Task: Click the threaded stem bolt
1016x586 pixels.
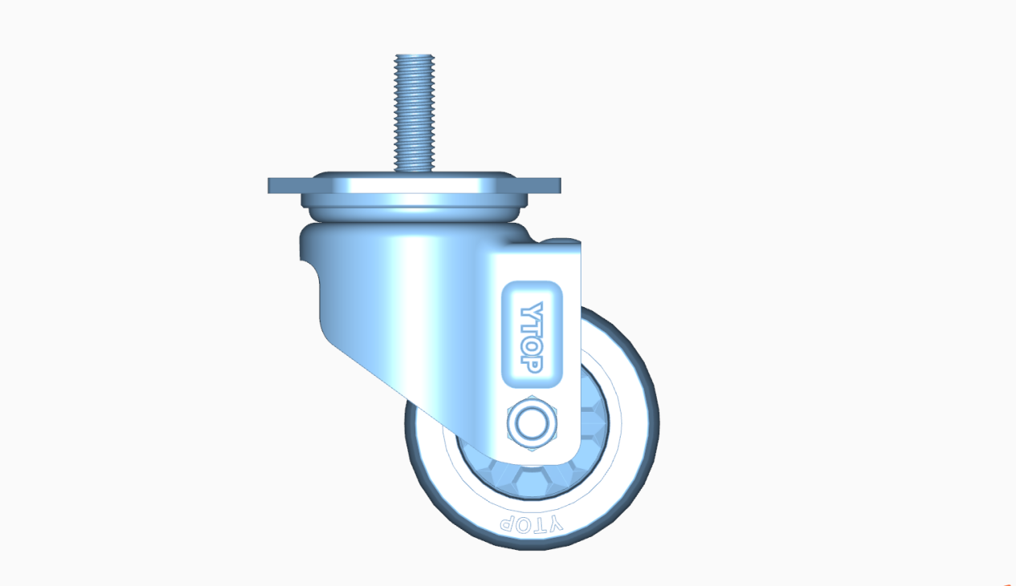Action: (414, 112)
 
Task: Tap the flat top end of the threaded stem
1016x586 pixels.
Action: (414, 56)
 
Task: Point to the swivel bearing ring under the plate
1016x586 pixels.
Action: (413, 212)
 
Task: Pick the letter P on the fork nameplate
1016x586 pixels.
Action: (532, 363)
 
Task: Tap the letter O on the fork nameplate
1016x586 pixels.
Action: (532, 346)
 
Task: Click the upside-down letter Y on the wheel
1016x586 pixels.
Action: (556, 523)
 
